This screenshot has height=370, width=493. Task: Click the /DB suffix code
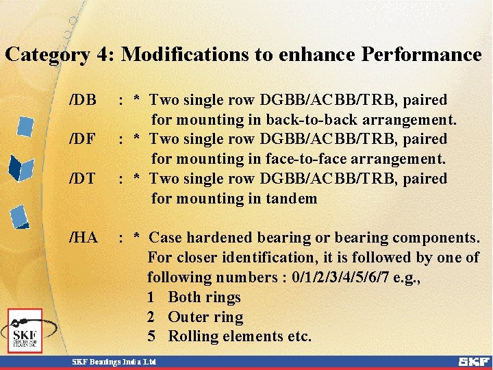[x=83, y=101]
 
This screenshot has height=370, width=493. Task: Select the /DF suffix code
[x=82, y=140]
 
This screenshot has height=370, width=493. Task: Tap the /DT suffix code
[x=82, y=180]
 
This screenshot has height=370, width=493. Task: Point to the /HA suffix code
[x=84, y=238]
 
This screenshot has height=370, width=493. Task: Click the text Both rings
[x=204, y=297]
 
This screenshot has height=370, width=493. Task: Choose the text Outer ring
[x=205, y=317]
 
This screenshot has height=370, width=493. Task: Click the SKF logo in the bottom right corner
[x=473, y=361]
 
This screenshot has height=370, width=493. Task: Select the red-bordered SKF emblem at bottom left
[x=25, y=331]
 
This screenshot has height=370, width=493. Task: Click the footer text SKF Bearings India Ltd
[x=115, y=361]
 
